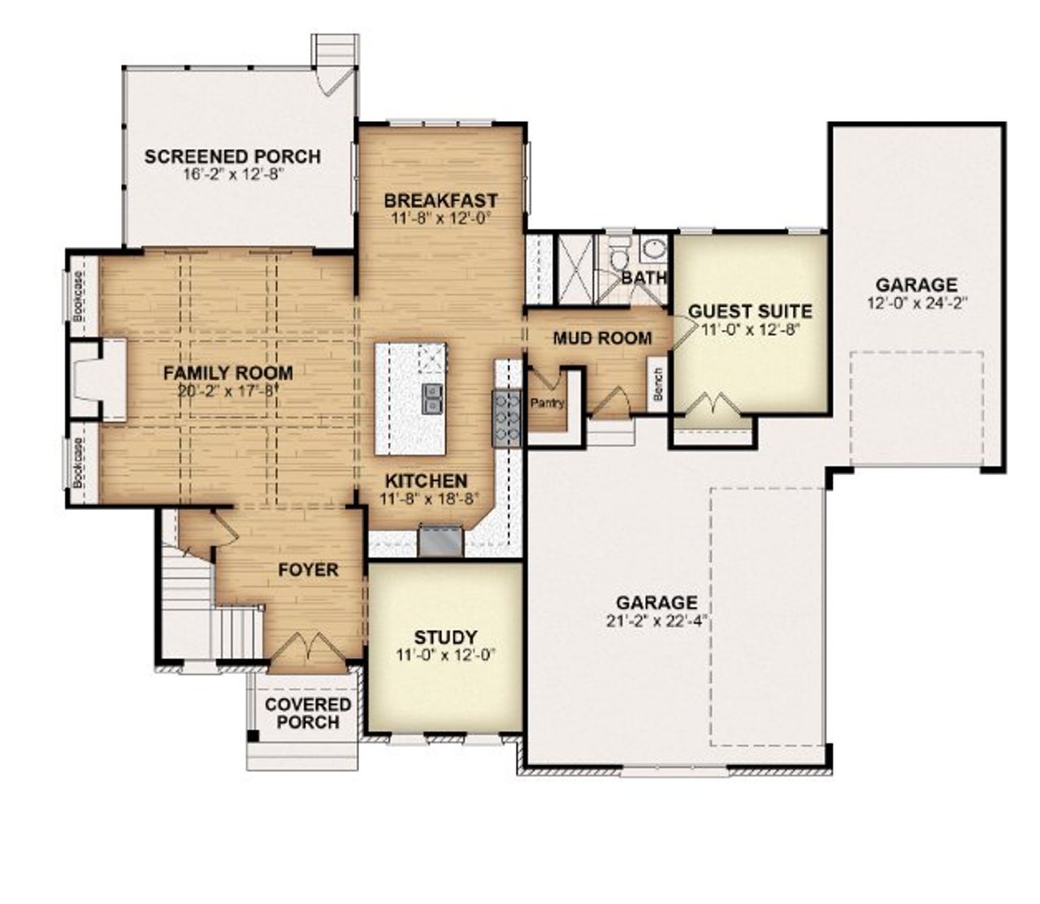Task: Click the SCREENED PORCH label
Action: (232, 157)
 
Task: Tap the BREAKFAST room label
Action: (441, 200)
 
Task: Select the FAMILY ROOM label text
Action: (227, 373)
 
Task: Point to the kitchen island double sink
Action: (432, 398)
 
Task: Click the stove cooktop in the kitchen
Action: (506, 417)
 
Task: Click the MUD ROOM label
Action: (602, 338)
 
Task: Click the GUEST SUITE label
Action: (750, 311)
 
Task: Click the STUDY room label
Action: (445, 637)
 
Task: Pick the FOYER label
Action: (308, 570)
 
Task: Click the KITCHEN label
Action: (426, 481)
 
